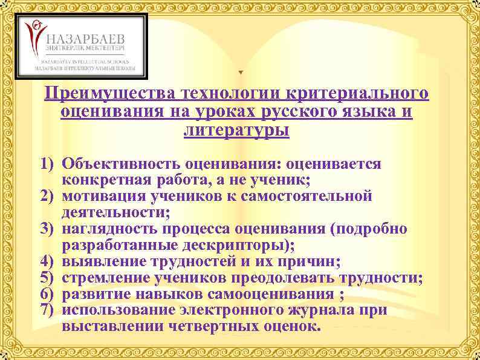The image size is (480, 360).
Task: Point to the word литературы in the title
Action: click(236, 129)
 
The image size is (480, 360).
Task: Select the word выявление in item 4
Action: click(98, 262)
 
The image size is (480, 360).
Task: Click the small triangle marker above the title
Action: click(240, 73)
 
